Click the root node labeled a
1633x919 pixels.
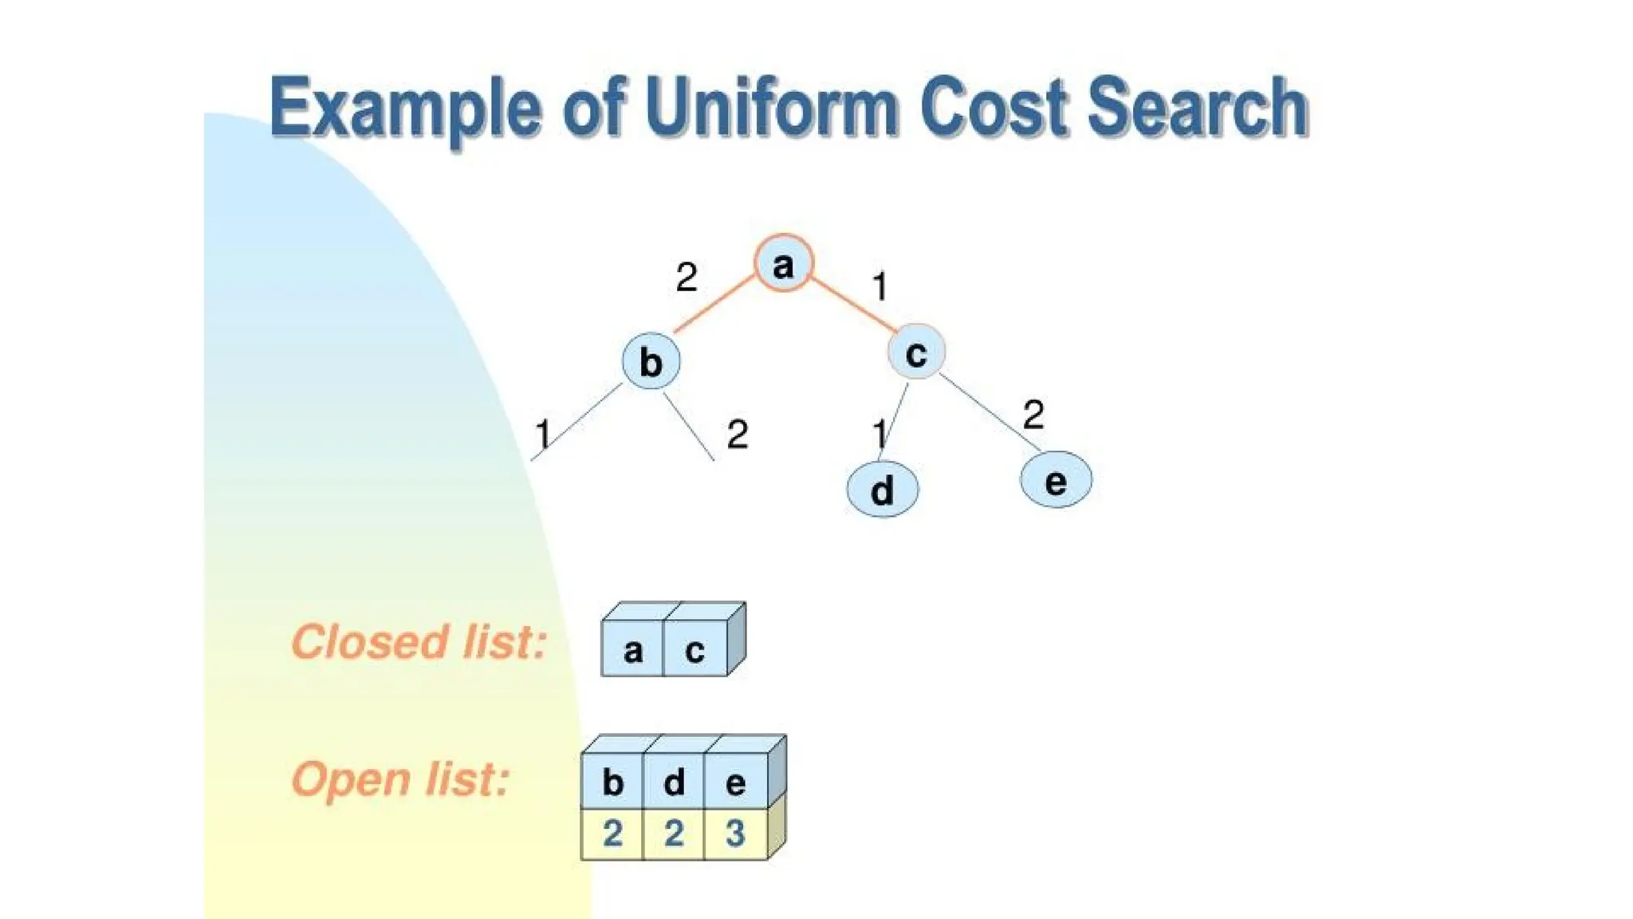coord(783,263)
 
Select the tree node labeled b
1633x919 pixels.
coord(651,361)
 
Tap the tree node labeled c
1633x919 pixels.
coord(916,352)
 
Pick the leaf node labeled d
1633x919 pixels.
coord(882,489)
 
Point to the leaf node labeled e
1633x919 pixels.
coord(1056,480)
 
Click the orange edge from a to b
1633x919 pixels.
coord(714,304)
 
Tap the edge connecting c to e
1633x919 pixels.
coord(989,412)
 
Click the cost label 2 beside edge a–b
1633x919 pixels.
coord(686,278)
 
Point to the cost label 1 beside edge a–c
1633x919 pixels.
coord(879,286)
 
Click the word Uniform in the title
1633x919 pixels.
coord(773,108)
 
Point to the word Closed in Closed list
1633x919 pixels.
coord(368,641)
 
